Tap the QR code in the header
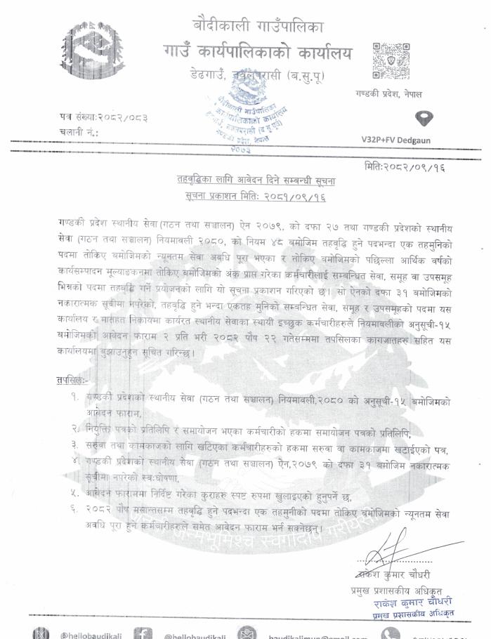(x=386, y=61)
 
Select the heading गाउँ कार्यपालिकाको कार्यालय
(x=256, y=53)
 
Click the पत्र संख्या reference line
(x=103, y=116)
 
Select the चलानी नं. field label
(x=79, y=131)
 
